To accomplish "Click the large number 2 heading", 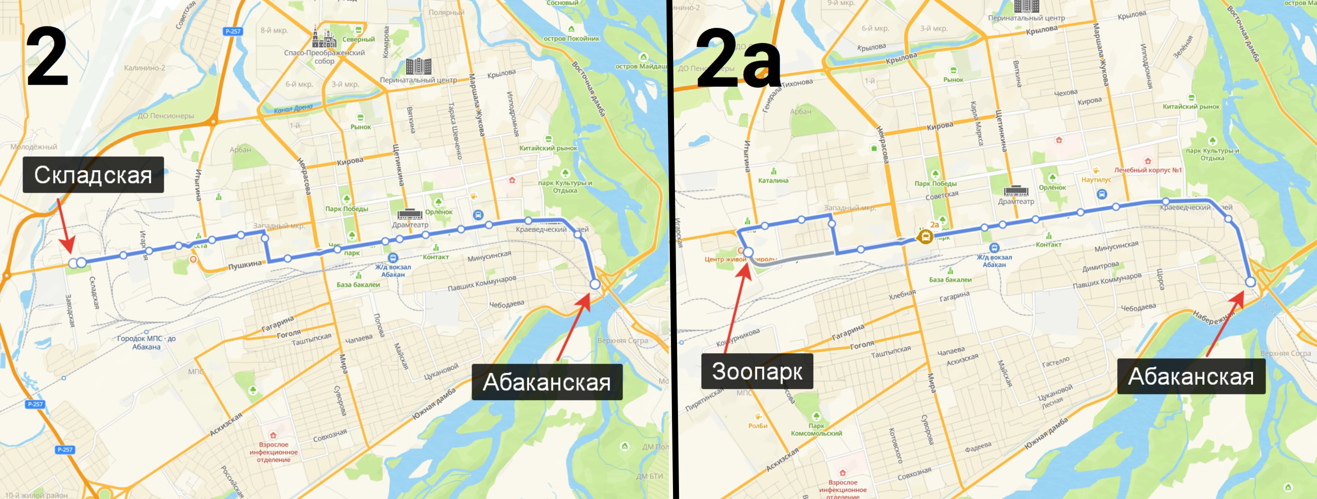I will tap(47, 57).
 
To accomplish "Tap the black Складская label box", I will tap(93, 175).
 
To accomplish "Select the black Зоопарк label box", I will tap(756, 371).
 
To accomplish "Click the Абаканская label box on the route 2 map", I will tap(547, 382).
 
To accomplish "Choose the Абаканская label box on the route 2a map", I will tap(1191, 376).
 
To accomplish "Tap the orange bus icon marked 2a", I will tap(925, 237).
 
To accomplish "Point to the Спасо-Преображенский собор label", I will tap(324, 57).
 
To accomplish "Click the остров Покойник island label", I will tap(571, 38).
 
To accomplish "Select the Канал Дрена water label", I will tap(293, 108).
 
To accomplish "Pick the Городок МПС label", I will tap(146, 342).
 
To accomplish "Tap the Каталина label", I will tap(773, 180).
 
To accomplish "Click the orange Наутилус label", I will tap(1096, 179).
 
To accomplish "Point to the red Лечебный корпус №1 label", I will tap(1148, 170).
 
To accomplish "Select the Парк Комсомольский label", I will tap(816, 430).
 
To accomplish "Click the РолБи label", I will tap(758, 426).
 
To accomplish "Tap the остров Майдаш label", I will tap(641, 66).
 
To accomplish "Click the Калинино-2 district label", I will tap(144, 67).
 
